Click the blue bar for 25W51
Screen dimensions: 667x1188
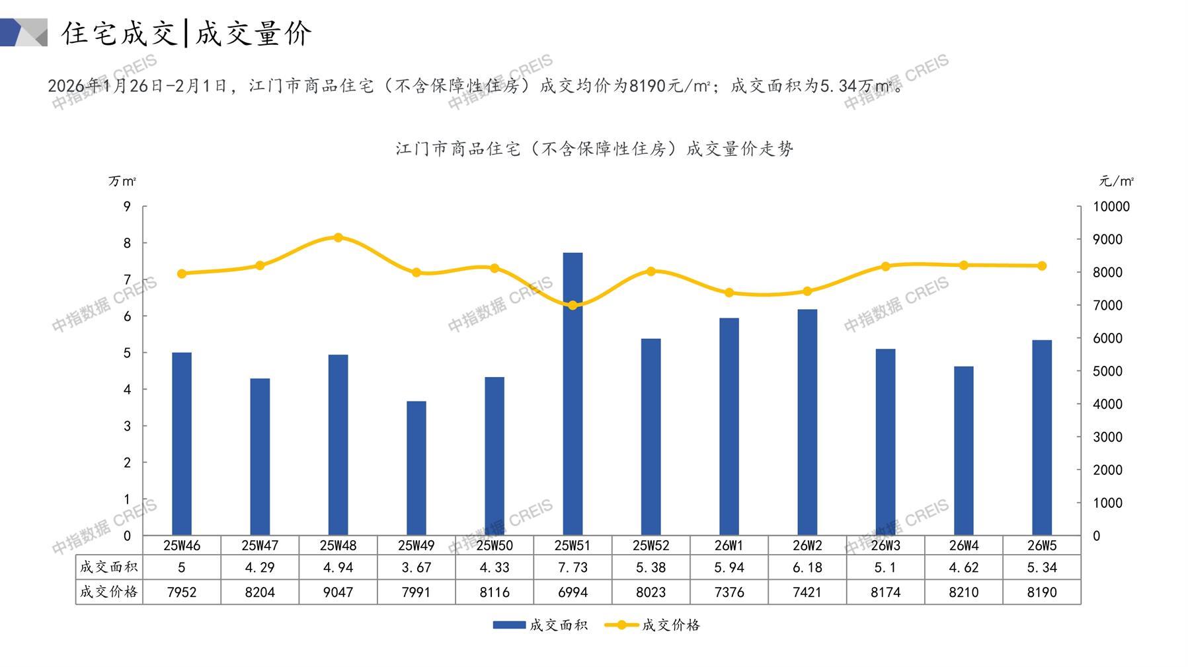click(573, 394)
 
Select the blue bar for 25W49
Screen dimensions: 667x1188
click(416, 468)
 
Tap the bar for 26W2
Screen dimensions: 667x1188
click(807, 422)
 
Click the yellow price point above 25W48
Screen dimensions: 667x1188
click(338, 238)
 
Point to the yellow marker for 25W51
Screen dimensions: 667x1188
click(573, 305)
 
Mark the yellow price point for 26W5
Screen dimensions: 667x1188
click(1042, 265)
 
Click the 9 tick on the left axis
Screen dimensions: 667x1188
click(127, 207)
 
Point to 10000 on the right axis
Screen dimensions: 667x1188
click(1111, 207)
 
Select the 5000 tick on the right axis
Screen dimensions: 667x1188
click(1107, 371)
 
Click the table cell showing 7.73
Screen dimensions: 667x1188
click(573, 567)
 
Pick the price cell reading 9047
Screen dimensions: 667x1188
click(338, 592)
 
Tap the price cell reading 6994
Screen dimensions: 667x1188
click(573, 592)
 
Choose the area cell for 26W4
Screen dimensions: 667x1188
click(963, 567)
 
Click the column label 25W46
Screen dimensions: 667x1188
click(182, 545)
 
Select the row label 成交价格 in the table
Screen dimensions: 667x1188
click(109, 592)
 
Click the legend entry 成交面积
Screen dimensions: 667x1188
click(540, 625)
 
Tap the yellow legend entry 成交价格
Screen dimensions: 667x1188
click(653, 625)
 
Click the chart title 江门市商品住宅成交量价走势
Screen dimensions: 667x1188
click(594, 149)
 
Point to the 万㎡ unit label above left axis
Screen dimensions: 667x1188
click(122, 181)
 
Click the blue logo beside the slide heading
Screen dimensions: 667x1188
click(23, 32)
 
